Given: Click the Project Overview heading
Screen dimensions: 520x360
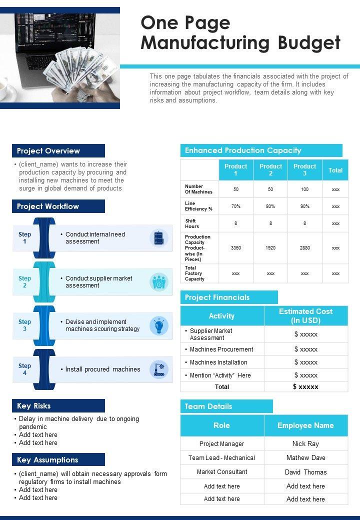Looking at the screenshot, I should pos(48,151).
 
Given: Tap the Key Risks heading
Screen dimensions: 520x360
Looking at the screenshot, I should pos(34,406).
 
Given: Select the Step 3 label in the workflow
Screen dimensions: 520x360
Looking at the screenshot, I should pos(24,325).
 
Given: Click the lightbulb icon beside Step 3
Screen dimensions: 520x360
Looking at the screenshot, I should pos(159,325).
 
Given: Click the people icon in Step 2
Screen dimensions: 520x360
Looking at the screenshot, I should pos(159,282).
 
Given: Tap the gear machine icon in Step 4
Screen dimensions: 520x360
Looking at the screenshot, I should pos(159,369).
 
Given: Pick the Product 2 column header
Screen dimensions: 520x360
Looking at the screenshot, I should pos(270,170).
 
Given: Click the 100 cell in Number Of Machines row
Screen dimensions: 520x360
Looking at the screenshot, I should pos(304,189).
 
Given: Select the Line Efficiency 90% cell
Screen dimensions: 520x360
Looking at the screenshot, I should pos(304,206).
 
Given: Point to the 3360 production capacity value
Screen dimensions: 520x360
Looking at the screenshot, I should pos(236,248).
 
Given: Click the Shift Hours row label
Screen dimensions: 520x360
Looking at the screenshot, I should pos(190,223).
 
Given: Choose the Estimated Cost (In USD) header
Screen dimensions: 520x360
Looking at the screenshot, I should pos(305,315).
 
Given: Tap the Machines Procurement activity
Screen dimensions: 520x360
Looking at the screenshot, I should pos(221,349).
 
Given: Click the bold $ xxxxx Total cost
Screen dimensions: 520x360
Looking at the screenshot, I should pos(305,386).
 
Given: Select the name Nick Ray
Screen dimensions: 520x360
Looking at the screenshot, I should pos(305,443).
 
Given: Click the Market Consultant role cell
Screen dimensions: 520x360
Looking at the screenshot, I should pos(221,472).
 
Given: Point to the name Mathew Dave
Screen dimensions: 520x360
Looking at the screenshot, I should pos(305,457).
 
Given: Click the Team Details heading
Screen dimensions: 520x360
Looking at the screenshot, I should pos(208,406).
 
